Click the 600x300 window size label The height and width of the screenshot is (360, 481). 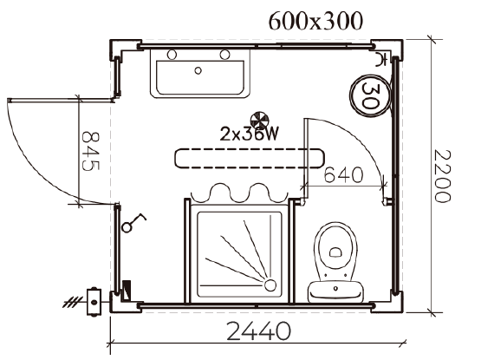[315, 22]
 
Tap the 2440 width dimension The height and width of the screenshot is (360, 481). [258, 331]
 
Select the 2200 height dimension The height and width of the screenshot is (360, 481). [443, 176]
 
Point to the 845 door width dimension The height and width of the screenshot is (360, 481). [91, 151]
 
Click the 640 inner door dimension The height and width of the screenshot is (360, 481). [343, 175]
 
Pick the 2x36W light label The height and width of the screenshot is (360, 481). [250, 134]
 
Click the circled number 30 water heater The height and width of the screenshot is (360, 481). [371, 95]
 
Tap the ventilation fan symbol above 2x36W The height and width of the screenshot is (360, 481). [259, 121]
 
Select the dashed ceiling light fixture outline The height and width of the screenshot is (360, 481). [250, 159]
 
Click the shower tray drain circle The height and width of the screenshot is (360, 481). [270, 285]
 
